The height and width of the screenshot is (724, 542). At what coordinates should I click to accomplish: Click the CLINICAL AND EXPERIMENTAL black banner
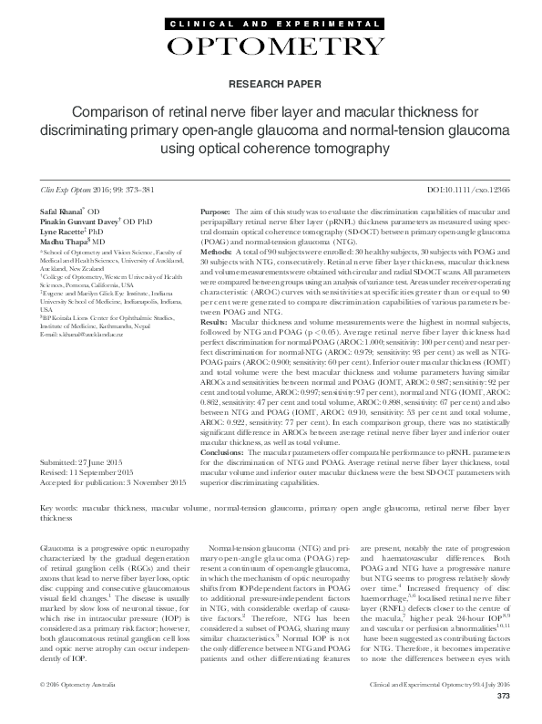tap(271, 21)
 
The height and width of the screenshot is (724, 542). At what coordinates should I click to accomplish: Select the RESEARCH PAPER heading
tap(271, 84)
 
